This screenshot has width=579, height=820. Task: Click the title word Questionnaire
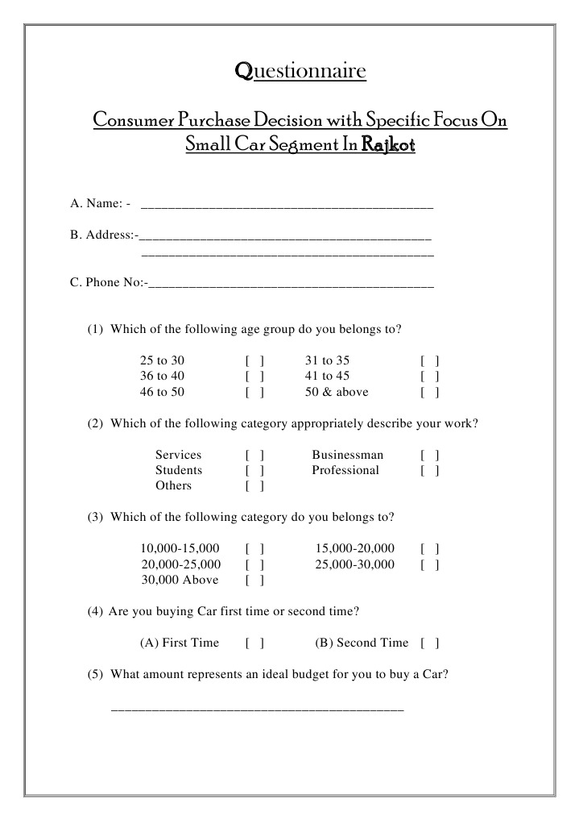tap(300, 72)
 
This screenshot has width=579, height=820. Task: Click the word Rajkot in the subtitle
tap(388, 146)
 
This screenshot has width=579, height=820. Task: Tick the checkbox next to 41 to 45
tap(429, 377)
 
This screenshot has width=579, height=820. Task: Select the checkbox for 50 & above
tap(429, 393)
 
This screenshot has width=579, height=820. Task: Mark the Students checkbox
tap(255, 471)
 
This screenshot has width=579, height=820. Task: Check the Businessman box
tap(429, 456)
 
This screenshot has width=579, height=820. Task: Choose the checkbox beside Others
tap(255, 486)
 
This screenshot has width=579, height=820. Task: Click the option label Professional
tap(345, 470)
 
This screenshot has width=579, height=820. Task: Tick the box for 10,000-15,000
tap(255, 549)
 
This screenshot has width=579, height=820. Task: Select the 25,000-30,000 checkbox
tap(429, 565)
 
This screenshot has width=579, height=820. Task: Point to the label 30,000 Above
tap(180, 580)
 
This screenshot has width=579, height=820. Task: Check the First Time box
tap(255, 643)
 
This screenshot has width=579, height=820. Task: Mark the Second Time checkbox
tap(429, 643)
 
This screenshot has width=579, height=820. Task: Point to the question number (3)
tap(96, 517)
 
